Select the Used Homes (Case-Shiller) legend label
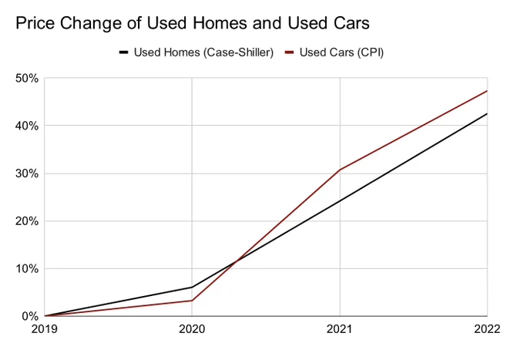pos(204,52)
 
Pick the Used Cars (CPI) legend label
pos(341,52)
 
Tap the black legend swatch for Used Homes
pos(123,52)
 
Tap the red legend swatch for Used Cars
pos(290,52)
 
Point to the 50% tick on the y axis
pos(27,79)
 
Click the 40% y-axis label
pos(27,126)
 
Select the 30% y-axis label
pos(27,173)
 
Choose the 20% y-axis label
pos(27,221)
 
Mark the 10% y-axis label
pos(27,268)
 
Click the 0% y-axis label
pos(30,316)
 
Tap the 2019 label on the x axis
pos(45,329)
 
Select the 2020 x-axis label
pos(192,329)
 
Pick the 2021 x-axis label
pos(340,329)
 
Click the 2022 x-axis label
pos(487,329)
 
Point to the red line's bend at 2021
pos(340,170)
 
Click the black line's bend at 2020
pos(192,287)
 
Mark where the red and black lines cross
pos(236,261)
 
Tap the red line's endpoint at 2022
pos(487,91)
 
